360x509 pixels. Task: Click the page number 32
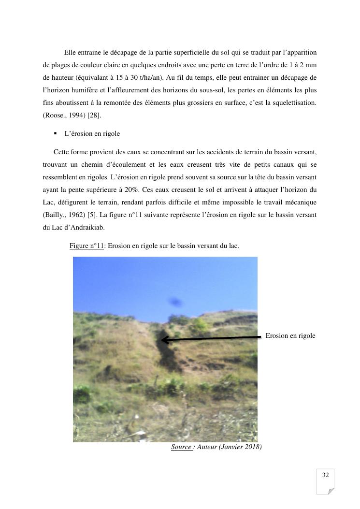click(x=325, y=475)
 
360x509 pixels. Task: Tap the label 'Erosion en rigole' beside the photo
click(x=290, y=335)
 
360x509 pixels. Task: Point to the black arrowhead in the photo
click(x=164, y=340)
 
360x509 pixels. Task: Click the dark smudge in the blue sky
click(x=175, y=303)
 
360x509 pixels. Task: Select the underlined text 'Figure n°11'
click(x=87, y=246)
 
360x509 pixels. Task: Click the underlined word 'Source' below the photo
click(x=181, y=447)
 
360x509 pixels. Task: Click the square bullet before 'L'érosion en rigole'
click(x=56, y=133)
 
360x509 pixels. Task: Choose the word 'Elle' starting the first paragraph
click(x=70, y=52)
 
